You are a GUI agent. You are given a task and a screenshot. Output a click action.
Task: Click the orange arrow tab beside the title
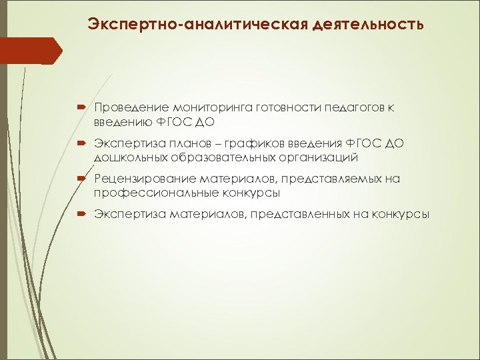31,50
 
